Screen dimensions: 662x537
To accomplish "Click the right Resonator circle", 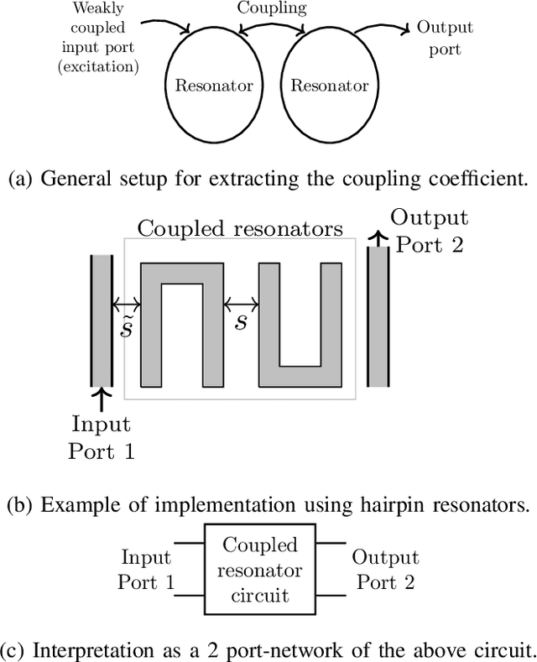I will (x=328, y=86).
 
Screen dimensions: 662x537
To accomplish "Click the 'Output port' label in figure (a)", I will (x=445, y=38).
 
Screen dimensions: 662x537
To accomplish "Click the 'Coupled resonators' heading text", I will (x=240, y=228).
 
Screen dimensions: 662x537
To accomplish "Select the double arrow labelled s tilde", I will (x=127, y=304).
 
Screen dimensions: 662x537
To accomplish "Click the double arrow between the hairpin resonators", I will (x=241, y=304).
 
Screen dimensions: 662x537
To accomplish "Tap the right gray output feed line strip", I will (x=378, y=316).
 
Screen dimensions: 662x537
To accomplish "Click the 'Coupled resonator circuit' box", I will (x=260, y=571).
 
